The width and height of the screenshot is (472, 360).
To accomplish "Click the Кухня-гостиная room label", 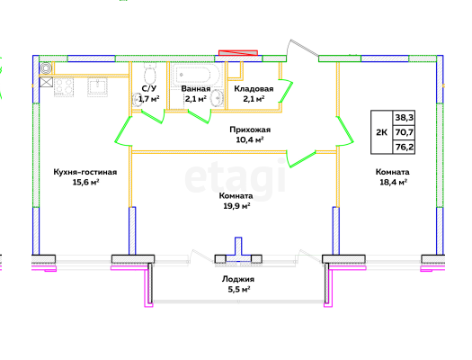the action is pos(85,172).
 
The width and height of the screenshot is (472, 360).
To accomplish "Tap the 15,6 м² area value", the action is pos(85,183).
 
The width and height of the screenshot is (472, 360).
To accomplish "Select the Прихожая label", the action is pos(250,130).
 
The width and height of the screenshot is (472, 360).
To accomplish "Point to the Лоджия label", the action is pos(238,279).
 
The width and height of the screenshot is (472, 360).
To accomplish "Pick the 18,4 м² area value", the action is pos(393,182).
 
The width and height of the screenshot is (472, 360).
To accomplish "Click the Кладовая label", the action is pos(254,89).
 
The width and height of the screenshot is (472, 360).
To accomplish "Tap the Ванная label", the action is pos(196,89).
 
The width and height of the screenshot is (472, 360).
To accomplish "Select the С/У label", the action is pos(149,88).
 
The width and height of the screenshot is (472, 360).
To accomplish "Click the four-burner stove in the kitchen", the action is pos(64,87).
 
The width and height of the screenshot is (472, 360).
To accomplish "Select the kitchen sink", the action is pos(97,87).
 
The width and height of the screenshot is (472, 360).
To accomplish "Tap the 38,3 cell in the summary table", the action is pos(404,118).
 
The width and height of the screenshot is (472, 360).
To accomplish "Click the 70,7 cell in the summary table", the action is pos(404,132).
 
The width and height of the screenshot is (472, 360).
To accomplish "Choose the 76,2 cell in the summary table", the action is pos(404,147).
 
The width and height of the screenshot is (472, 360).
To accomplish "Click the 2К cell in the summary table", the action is pos(382,132).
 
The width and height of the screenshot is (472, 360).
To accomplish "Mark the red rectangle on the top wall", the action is pos(238,53).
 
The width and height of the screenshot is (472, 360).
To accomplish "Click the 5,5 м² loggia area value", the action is pos(239,290).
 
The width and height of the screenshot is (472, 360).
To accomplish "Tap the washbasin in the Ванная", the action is pos(217,98).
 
